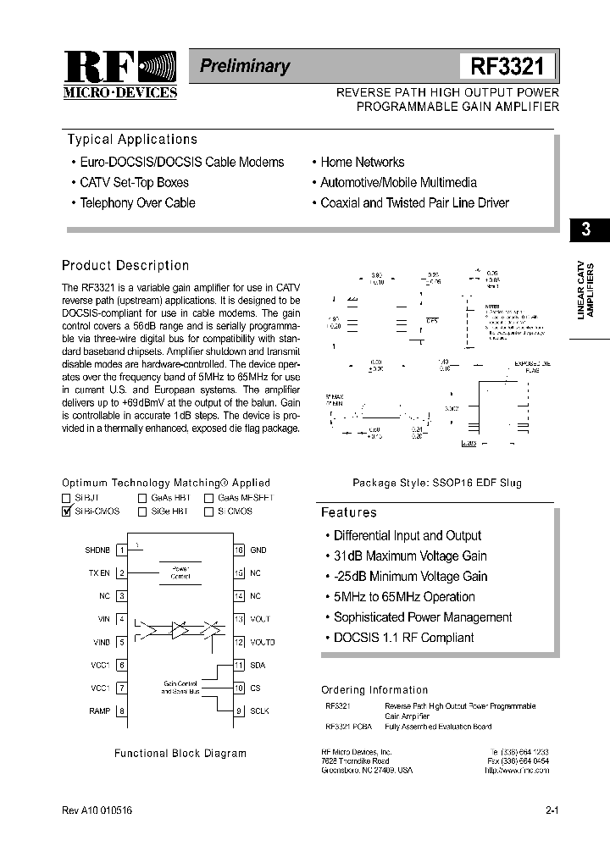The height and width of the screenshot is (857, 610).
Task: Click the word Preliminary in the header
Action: click(245, 66)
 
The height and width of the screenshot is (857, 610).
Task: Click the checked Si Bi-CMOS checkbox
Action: click(67, 511)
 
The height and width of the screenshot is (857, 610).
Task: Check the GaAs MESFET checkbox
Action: click(208, 498)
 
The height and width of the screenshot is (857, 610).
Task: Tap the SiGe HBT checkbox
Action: click(142, 511)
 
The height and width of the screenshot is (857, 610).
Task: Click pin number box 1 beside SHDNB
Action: click(122, 550)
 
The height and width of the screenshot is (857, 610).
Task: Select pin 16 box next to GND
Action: click(239, 550)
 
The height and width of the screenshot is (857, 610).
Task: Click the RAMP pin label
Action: click(100, 710)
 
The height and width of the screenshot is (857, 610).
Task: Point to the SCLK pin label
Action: click(258, 710)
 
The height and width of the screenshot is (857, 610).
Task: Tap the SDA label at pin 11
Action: click(258, 665)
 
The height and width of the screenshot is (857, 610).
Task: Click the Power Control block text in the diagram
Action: click(180, 572)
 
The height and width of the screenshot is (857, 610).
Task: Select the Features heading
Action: click(349, 512)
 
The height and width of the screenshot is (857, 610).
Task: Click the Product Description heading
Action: click(125, 265)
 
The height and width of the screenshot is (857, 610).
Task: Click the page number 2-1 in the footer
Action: click(552, 810)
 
